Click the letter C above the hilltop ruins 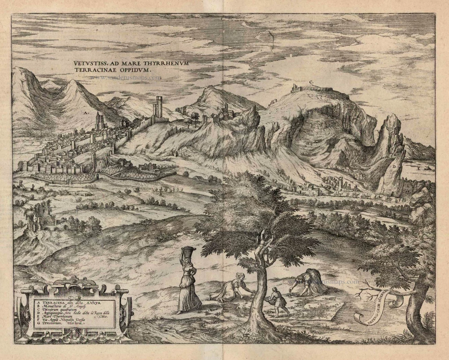click(311, 82)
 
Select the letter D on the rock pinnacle click(394, 167)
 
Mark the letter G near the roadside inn click(306, 184)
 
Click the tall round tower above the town click(158, 107)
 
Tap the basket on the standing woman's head click(189, 251)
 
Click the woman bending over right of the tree click(310, 281)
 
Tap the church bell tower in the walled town click(99, 121)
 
